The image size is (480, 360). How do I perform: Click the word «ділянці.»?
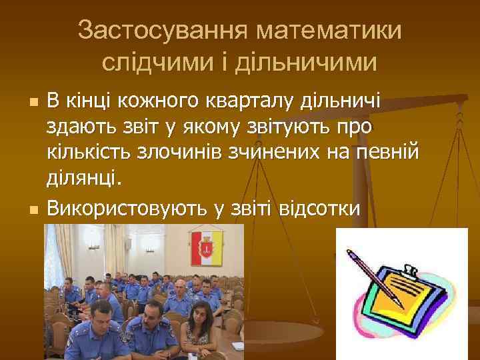(x=85, y=177)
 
